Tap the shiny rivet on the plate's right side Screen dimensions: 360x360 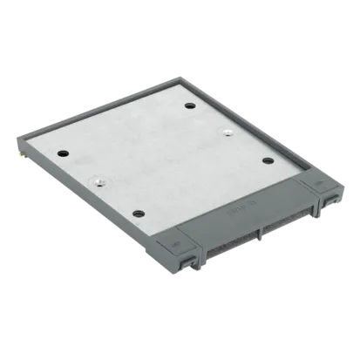226,133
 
